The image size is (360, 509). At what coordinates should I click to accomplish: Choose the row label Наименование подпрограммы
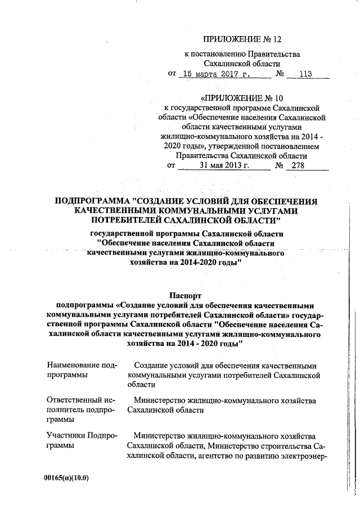coord(82,370)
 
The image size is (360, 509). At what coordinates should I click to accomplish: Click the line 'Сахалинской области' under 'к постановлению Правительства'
coord(242,63)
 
